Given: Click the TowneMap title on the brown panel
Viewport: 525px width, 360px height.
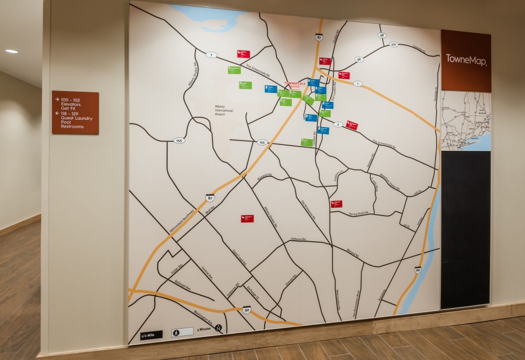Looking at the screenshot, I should pos(466,58).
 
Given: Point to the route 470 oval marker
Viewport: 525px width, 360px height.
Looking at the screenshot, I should pos(394,45).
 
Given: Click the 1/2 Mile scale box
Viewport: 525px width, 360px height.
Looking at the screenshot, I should pos(151,334).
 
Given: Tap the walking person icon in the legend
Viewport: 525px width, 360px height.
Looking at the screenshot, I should pos(176,332).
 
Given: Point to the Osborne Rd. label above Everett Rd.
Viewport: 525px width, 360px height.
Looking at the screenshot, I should pos(298,239).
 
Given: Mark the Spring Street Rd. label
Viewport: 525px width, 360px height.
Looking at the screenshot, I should pos(359,213).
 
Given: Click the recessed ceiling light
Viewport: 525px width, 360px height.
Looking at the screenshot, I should pos(11,51).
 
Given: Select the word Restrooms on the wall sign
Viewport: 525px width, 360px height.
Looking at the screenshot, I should pos(72,127).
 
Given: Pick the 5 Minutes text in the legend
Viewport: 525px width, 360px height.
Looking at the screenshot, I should pos(203,329).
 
